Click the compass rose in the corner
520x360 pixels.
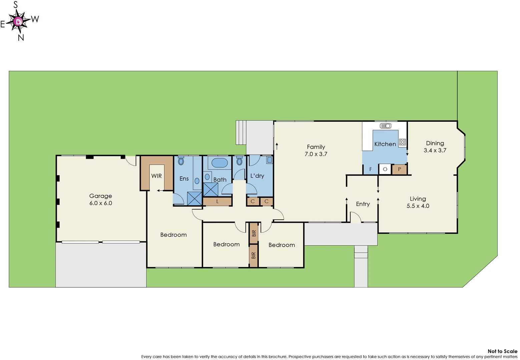[x=19, y=22]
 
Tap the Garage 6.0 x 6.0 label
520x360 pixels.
[x=100, y=199]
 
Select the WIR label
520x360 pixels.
[x=156, y=176]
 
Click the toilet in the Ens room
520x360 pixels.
[x=181, y=161]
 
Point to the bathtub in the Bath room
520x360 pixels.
[x=219, y=163]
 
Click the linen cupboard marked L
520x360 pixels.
[x=217, y=201]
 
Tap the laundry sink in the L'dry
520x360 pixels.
[x=269, y=160]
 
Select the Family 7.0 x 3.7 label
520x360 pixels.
[x=316, y=150]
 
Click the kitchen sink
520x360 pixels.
[x=386, y=126]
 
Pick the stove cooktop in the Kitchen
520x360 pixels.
[x=402, y=142]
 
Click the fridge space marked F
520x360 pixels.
[x=370, y=169]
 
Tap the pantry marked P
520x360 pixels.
[x=399, y=169]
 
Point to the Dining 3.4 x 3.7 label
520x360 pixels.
[x=435, y=147]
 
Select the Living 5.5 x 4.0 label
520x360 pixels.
[x=418, y=202]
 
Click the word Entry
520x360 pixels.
[x=363, y=204]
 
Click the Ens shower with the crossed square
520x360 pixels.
[x=194, y=199]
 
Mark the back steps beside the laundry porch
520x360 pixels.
[x=241, y=132]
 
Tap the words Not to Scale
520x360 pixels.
[x=502, y=351]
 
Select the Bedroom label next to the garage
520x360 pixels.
[x=173, y=235]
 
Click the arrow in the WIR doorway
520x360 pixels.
[x=160, y=191]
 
